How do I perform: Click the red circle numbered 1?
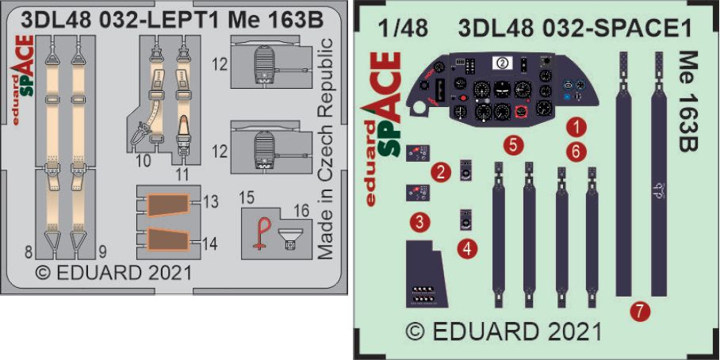[x=575, y=126]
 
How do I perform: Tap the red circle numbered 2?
[x=440, y=173]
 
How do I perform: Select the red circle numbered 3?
[x=419, y=223]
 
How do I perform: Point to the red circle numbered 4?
[x=467, y=249]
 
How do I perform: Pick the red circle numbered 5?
[x=513, y=145]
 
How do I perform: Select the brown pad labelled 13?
[x=167, y=205]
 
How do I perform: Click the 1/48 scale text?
[x=403, y=29]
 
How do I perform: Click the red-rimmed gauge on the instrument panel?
[x=521, y=111]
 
